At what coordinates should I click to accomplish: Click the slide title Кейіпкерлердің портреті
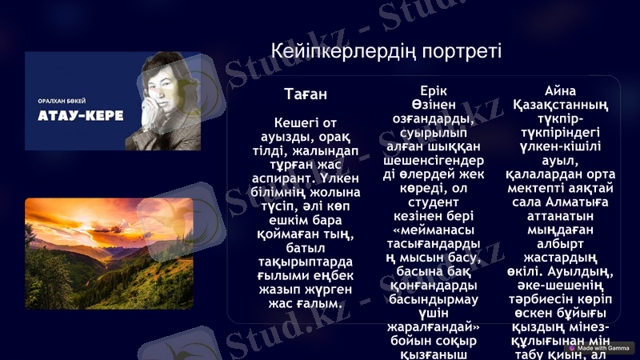coord(386,52)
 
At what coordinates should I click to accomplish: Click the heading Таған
coord(306,94)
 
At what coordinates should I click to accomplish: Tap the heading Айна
coord(560,90)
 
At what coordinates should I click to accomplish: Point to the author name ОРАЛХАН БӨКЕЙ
coord(62,101)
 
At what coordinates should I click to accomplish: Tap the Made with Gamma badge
coord(600,348)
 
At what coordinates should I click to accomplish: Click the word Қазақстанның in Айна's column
coord(560,105)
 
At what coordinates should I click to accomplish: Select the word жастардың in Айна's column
coord(560,259)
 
